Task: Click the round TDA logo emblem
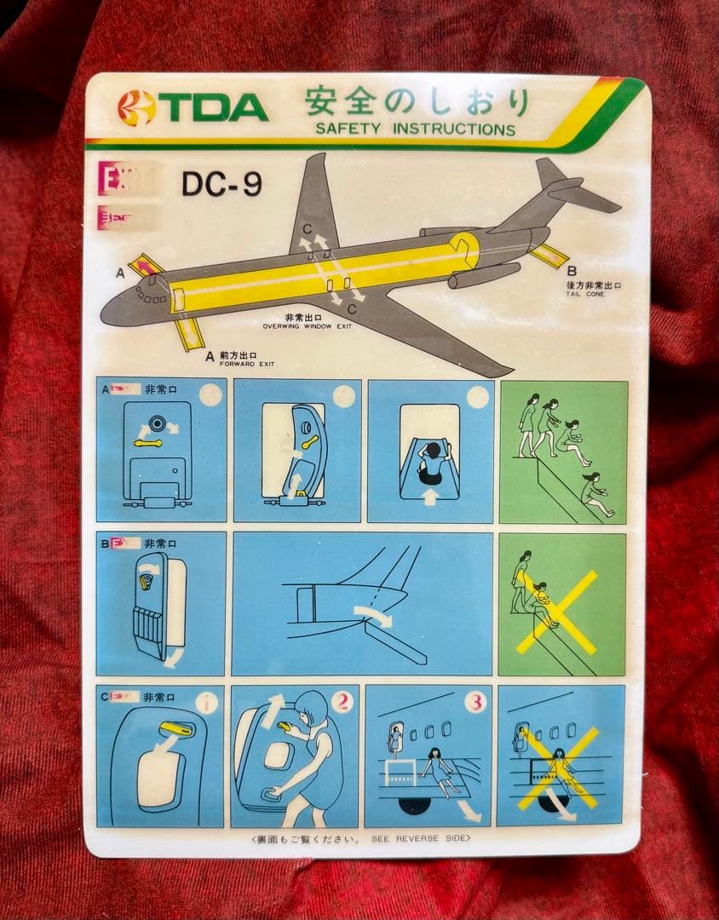[x=137, y=108]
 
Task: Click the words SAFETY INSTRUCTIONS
[x=415, y=129]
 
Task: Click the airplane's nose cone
[x=109, y=312]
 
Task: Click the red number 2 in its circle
[x=342, y=703]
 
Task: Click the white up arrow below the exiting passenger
[x=429, y=497]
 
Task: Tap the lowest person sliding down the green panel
[x=596, y=496]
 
